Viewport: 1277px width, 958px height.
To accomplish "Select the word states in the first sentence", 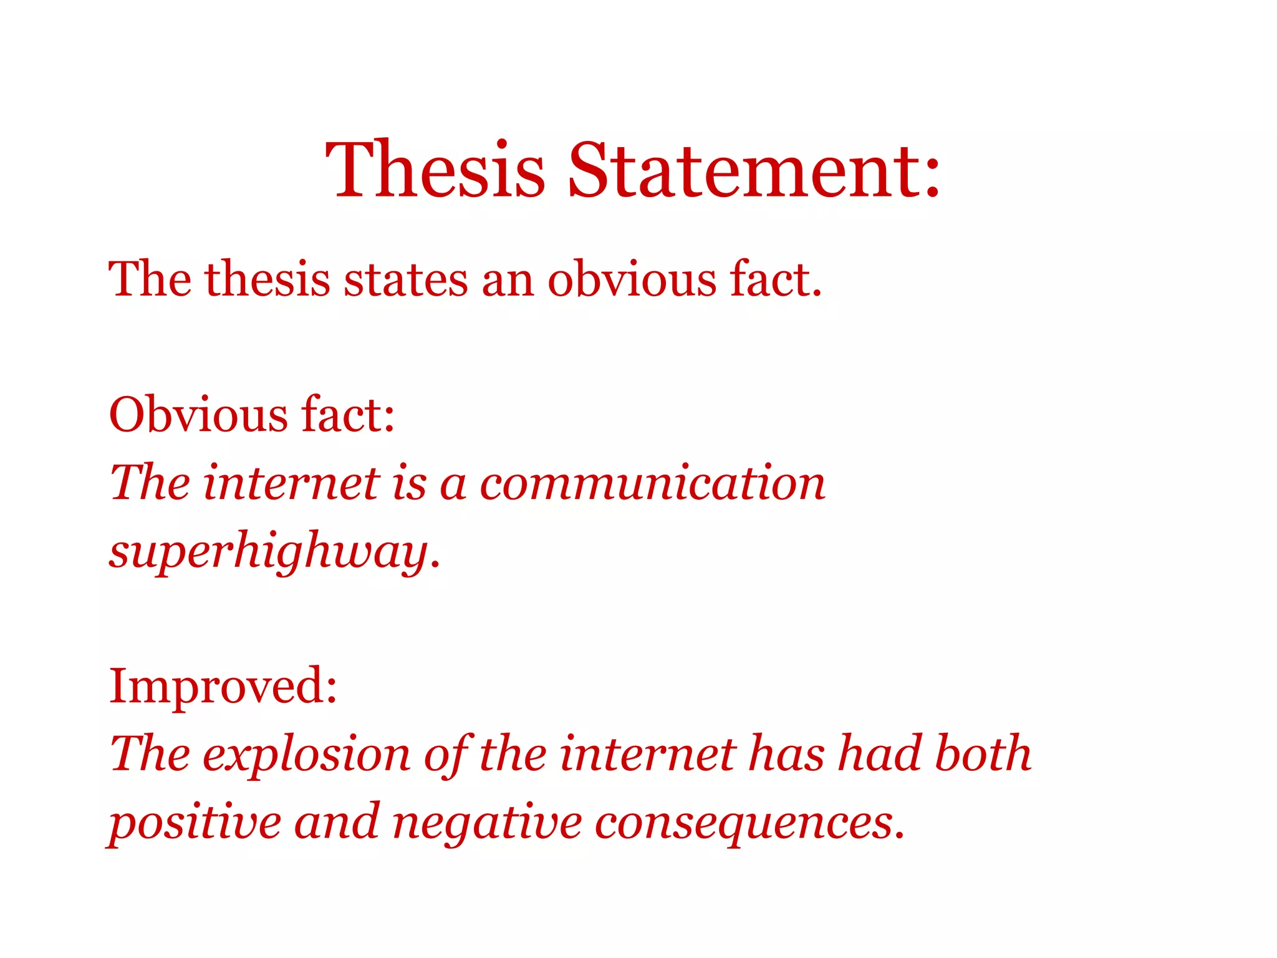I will [x=405, y=279].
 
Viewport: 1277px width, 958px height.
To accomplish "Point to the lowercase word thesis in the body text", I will [x=267, y=279].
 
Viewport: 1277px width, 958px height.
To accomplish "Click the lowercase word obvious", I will [x=632, y=279].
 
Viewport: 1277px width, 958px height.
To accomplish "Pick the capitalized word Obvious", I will [x=198, y=415].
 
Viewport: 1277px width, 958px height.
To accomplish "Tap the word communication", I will [x=652, y=483].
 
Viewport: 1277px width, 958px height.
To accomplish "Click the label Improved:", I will [x=223, y=686].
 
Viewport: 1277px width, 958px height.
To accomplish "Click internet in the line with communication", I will [x=291, y=483].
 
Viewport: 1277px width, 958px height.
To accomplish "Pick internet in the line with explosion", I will [x=648, y=753].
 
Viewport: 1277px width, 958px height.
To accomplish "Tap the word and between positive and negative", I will [x=336, y=822].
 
